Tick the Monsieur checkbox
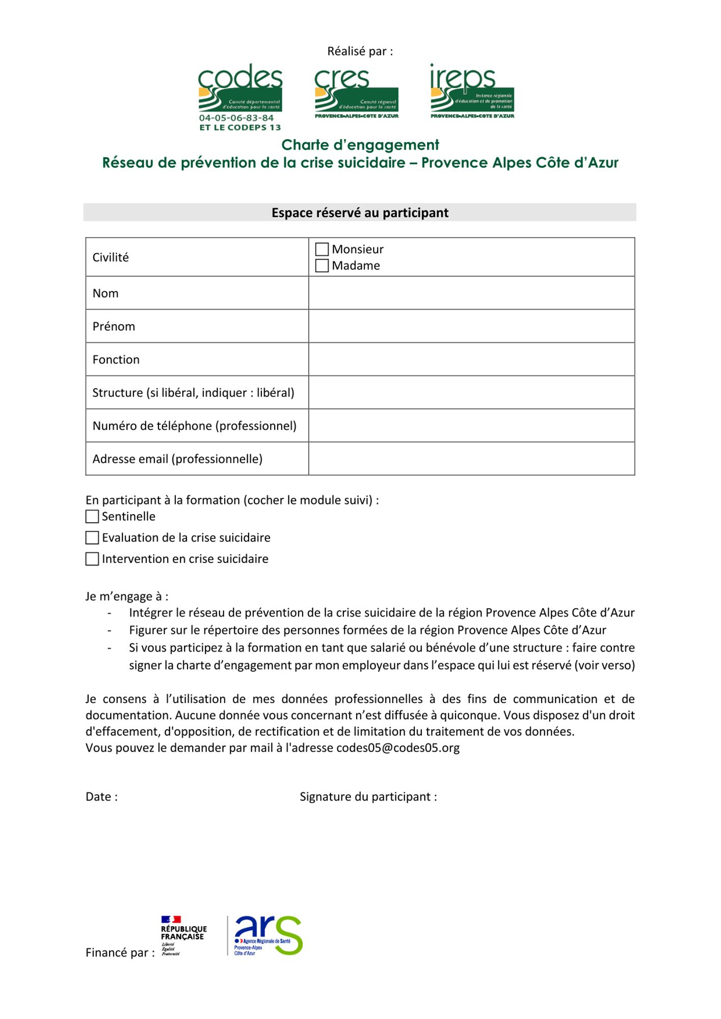pos(322,249)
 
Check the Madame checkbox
pos(322,265)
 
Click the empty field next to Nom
pos(471,293)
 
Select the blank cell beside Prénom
pos(471,326)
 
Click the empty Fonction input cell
pos(471,359)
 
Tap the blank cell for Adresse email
pos(471,459)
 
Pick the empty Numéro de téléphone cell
pos(471,425)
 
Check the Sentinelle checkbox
pos(92,517)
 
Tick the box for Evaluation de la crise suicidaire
pos(92,538)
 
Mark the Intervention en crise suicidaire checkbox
pos(92,559)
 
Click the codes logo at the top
pos(240,97)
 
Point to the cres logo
pos(356,92)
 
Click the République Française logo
pos(183,935)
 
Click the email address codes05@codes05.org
pos(397,748)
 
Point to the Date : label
pos(101,797)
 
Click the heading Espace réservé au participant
pos(360,212)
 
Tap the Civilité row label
pos(111,257)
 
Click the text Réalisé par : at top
pos(360,51)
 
